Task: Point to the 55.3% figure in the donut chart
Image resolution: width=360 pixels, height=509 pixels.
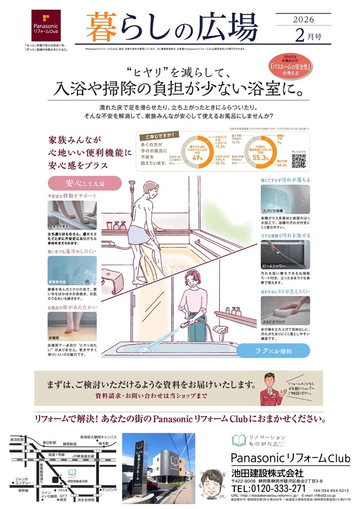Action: pyautogui.click(x=261, y=158)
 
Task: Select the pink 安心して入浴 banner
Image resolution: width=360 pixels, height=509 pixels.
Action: pyautogui.click(x=85, y=183)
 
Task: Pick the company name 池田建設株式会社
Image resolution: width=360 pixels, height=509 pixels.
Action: pyautogui.click(x=267, y=473)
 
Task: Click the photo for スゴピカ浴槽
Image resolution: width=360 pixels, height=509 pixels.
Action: pyautogui.click(x=285, y=200)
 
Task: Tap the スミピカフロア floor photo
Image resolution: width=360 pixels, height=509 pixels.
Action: pyautogui.click(x=285, y=310)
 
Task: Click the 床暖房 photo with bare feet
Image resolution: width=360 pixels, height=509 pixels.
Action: pyautogui.click(x=72, y=326)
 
